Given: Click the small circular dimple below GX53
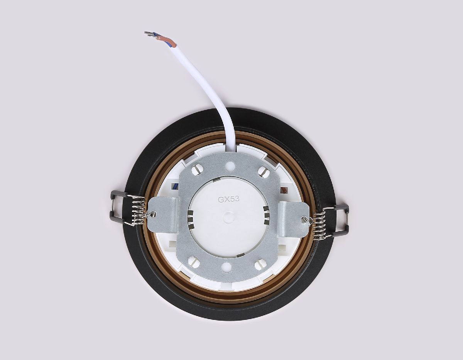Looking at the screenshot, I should (x=228, y=217).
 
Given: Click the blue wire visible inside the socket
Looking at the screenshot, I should (x=176, y=186).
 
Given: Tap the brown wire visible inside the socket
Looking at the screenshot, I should (x=285, y=190).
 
